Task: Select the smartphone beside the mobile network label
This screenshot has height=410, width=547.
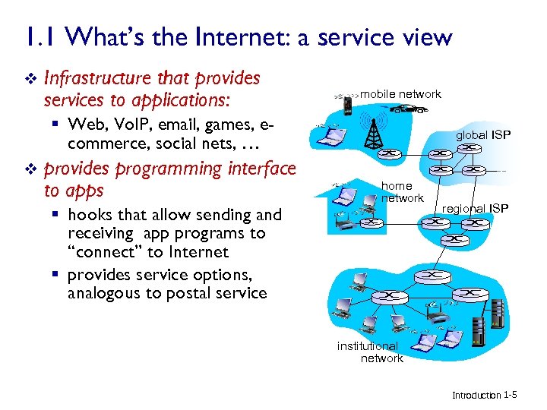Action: [x=346, y=105]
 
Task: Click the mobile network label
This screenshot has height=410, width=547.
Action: [x=400, y=94]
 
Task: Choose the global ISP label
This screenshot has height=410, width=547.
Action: [x=483, y=135]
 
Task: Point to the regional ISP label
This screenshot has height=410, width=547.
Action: [x=476, y=208]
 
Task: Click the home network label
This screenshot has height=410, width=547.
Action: [x=402, y=192]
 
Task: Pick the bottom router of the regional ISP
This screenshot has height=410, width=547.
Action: [x=455, y=238]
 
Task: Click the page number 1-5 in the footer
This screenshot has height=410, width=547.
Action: [x=511, y=395]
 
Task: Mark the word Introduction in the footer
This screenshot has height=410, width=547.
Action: [x=476, y=396]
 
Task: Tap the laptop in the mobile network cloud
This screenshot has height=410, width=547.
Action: [x=332, y=137]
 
